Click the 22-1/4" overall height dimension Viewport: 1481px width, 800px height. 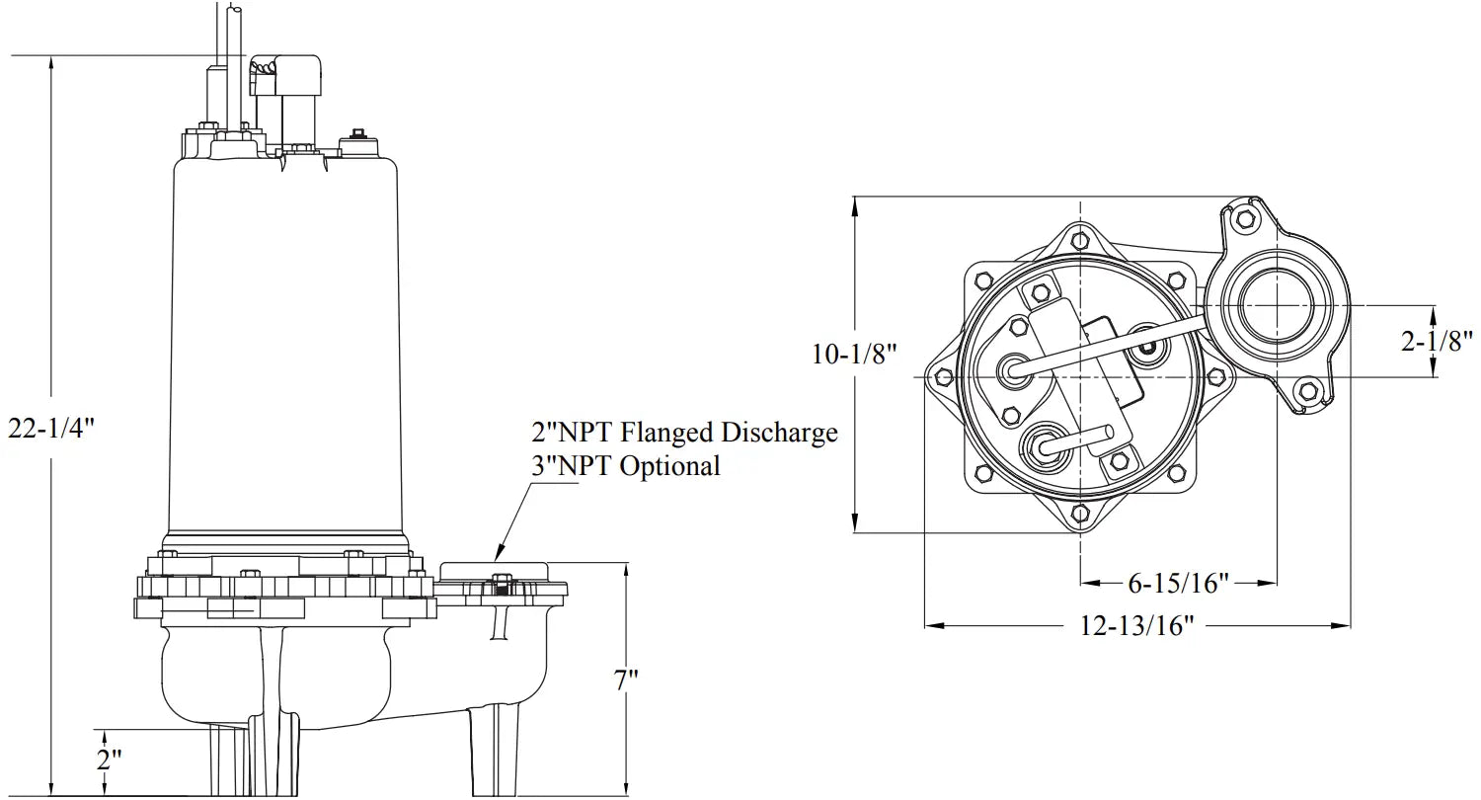click(x=50, y=429)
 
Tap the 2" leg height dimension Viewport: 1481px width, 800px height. click(x=109, y=760)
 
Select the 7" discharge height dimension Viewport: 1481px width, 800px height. click(x=626, y=680)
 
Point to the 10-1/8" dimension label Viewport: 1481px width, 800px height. click(x=854, y=354)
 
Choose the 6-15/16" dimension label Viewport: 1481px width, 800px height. click(x=1178, y=583)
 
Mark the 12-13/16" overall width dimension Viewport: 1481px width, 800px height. click(x=1136, y=625)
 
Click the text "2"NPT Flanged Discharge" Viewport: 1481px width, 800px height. click(x=684, y=432)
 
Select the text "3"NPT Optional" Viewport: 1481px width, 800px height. click(x=626, y=465)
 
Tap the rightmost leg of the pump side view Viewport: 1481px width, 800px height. click(x=495, y=751)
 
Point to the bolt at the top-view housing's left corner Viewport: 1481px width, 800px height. click(x=943, y=376)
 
